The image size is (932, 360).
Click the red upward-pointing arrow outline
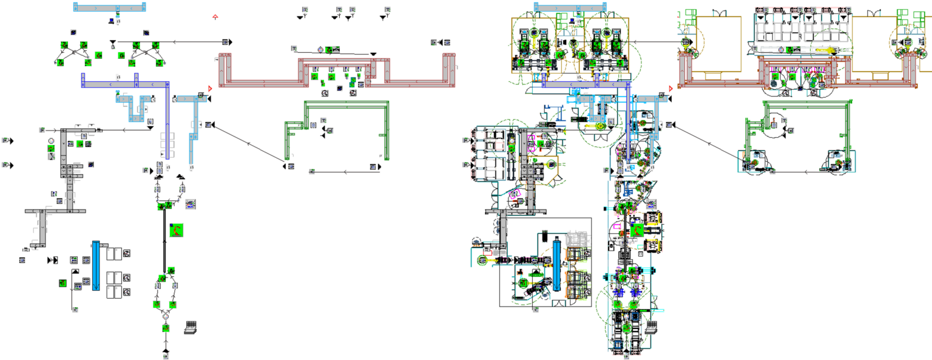pos(215,17)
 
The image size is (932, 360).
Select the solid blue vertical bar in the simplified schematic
pos(96,265)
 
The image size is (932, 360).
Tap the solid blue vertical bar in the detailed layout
pos(558,265)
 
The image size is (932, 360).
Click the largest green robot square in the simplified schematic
pos(176,230)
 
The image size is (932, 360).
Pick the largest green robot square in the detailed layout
pos(637,230)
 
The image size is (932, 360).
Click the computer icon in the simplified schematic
pos(112,21)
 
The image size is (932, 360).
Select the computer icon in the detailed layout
pos(572,21)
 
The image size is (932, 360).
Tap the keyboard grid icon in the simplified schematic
pos(191,327)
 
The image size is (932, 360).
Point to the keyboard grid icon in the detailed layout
pos(652,327)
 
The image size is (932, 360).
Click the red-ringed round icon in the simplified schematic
pos(52,141)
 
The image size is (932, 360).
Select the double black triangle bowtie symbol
pos(52,260)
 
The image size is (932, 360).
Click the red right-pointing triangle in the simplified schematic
pos(210,89)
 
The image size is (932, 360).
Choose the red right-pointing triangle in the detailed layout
pos(670,89)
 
